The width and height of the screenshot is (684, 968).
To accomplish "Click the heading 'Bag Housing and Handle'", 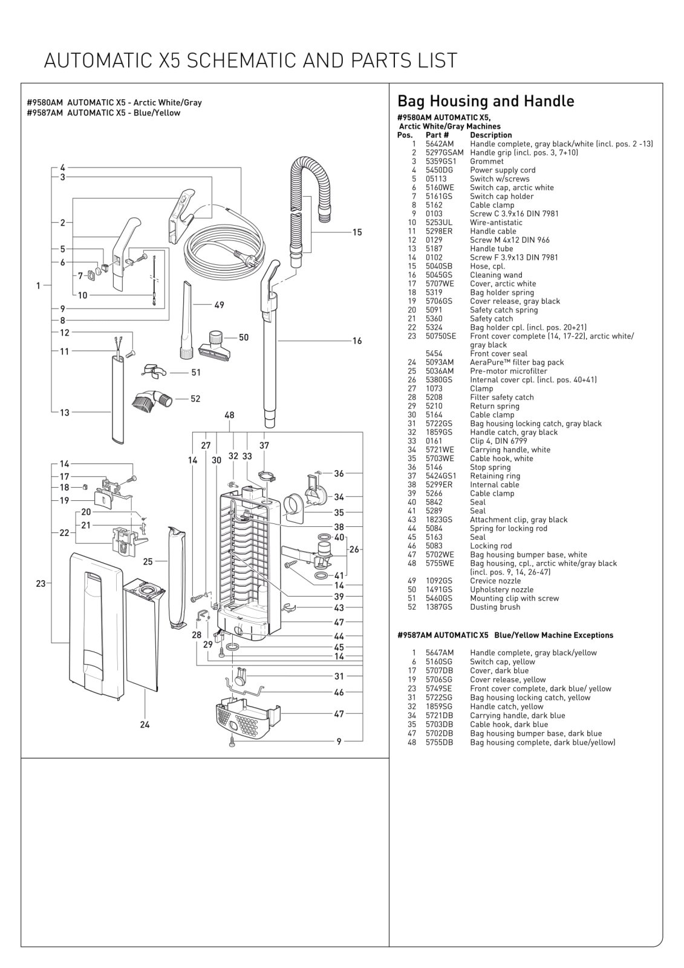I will (486, 101).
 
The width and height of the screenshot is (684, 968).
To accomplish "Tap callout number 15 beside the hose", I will (357, 232).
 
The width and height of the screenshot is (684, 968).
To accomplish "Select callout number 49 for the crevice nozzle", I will (219, 305).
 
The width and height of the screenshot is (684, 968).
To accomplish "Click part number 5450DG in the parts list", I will (439, 170).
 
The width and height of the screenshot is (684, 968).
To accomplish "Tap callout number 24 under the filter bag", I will (145, 724).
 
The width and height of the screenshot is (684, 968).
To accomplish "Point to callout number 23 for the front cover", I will (41, 584).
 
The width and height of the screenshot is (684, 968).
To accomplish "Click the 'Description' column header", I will (490, 135).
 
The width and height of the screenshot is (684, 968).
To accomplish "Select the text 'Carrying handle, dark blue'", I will (517, 715).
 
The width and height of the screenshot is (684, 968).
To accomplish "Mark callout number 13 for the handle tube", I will (64, 413).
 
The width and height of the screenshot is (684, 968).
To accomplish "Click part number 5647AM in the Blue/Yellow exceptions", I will (439, 653).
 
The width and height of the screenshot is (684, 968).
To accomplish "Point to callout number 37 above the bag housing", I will (264, 445).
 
